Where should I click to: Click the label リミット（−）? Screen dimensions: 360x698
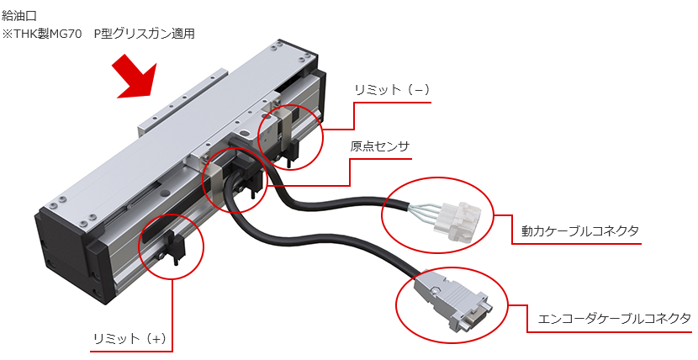(x=388, y=90)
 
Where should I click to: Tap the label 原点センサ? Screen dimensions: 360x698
(x=380, y=146)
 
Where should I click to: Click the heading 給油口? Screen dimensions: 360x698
(x=20, y=15)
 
